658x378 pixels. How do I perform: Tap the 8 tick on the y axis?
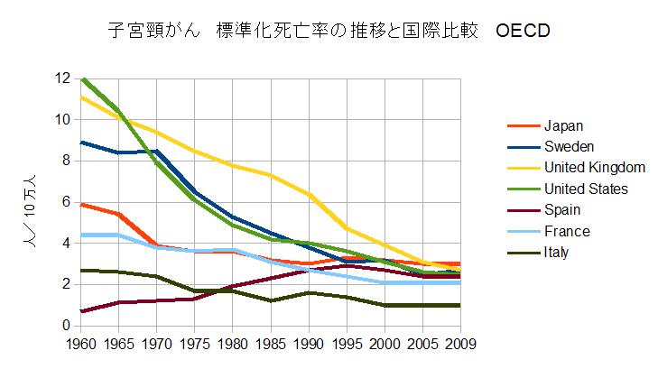pos(65,161)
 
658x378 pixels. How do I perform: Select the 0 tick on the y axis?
pos(65,326)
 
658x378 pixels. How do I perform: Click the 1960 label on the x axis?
pos(81,344)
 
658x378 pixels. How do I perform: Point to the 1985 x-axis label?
pos(272,344)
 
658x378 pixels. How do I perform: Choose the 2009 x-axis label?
pos(460,344)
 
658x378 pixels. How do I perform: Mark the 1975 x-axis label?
pos(195,344)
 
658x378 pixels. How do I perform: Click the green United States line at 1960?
pos(82,79)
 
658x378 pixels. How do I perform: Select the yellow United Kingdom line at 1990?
pos(310,195)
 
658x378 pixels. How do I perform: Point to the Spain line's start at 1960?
pos(82,311)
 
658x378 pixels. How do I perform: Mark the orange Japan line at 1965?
pos(120,215)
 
